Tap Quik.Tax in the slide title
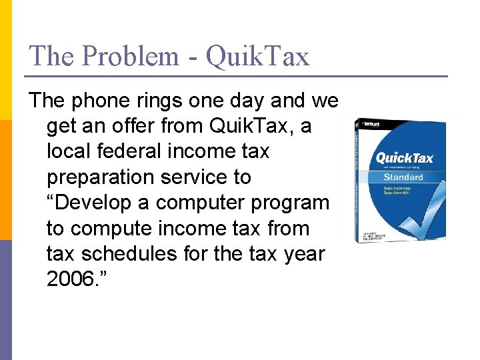point(258,57)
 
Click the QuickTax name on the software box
point(405,158)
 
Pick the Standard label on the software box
point(403,177)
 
